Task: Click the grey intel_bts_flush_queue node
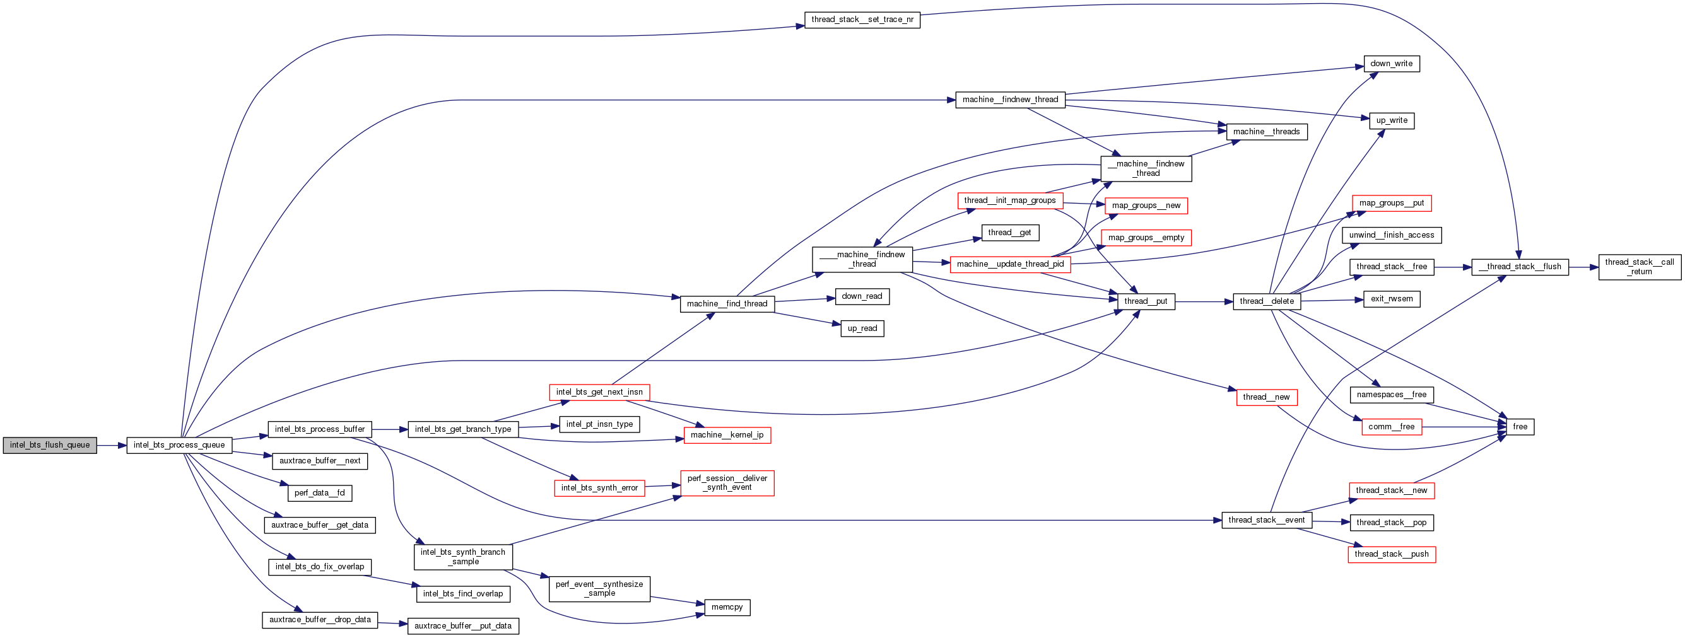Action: pyautogui.click(x=50, y=445)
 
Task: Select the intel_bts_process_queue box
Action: pyautogui.click(x=179, y=445)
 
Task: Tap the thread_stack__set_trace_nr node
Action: pyautogui.click(x=862, y=20)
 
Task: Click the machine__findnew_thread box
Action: pyautogui.click(x=1010, y=100)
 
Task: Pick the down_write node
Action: pyautogui.click(x=1391, y=64)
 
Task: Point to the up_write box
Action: pyautogui.click(x=1391, y=120)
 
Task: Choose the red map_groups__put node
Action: pyautogui.click(x=1391, y=203)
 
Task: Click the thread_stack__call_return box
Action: pyautogui.click(x=1639, y=267)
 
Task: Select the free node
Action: pyautogui.click(x=1520, y=427)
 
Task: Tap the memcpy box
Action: pyautogui.click(x=727, y=607)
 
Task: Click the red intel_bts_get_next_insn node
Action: pyautogui.click(x=599, y=392)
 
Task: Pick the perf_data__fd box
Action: pyautogui.click(x=319, y=493)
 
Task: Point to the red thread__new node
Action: pyautogui.click(x=1266, y=397)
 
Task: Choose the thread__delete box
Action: pyautogui.click(x=1266, y=301)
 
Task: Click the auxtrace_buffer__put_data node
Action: pyautogui.click(x=463, y=626)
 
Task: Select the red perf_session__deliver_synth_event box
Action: pyautogui.click(x=727, y=483)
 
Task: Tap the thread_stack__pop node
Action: pyautogui.click(x=1391, y=522)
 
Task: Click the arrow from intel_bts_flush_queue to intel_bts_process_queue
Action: pyautogui.click(x=111, y=445)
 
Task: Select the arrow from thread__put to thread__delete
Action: pyautogui.click(x=1204, y=301)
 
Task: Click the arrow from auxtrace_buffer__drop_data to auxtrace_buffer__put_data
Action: pyautogui.click(x=392, y=623)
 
